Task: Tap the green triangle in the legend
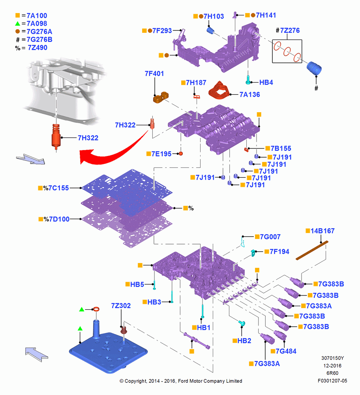pos(17,24)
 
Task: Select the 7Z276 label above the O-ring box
pos(290,30)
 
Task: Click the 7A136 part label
pos(249,94)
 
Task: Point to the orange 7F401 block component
pos(161,97)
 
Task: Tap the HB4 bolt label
pos(266,83)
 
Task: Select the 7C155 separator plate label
pos(58,188)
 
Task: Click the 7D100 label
pos(59,219)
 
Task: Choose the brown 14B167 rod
pos(312,250)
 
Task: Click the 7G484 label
pos(286,351)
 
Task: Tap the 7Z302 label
pos(121,306)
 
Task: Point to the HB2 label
pos(244,340)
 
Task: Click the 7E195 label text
pos(161,154)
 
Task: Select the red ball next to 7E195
pos(180,153)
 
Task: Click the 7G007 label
pos(270,237)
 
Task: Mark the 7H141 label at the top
pos(266,15)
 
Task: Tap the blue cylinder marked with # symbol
pos(314,68)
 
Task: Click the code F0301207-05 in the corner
pos(332,381)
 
